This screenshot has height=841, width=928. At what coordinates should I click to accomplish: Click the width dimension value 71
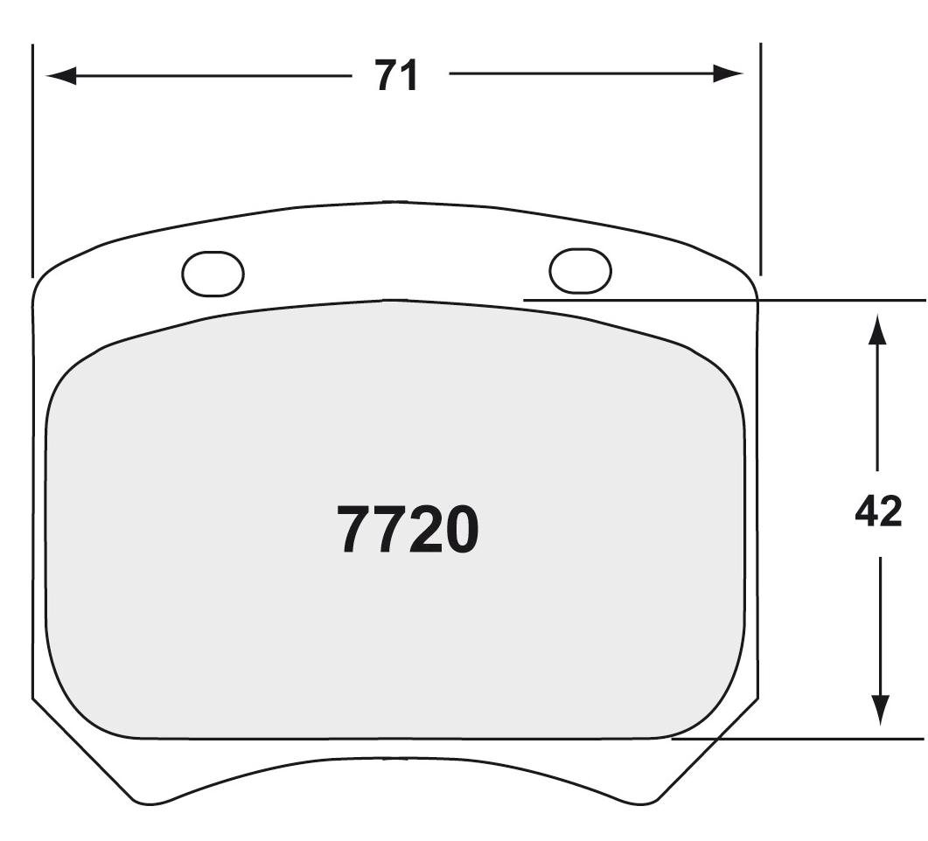(397, 76)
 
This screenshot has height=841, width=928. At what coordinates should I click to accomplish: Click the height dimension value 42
(878, 512)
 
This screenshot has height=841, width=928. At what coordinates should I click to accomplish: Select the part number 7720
(408, 531)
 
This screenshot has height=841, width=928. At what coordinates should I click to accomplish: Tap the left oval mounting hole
(213, 274)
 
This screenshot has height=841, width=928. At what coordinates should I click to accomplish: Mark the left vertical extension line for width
(32, 157)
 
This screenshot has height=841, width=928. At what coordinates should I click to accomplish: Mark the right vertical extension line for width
(760, 157)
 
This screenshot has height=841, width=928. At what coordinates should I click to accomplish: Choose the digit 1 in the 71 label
(410, 76)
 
